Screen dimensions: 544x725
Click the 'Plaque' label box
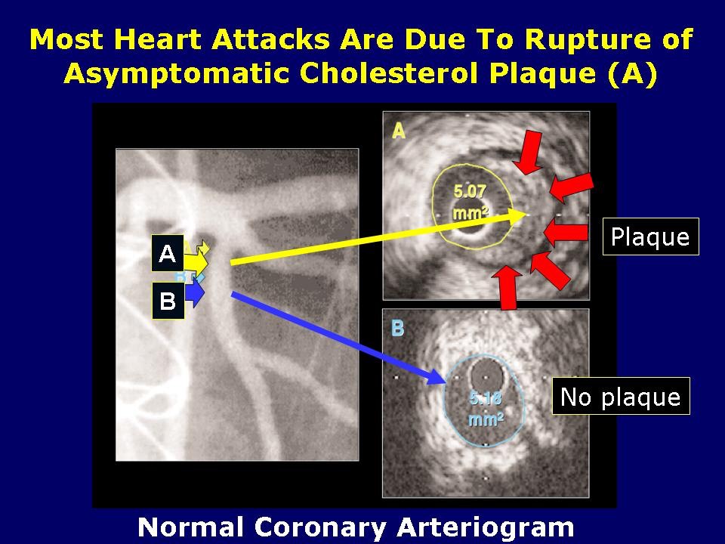click(650, 236)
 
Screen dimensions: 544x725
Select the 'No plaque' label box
click(620, 396)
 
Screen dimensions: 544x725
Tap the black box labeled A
click(168, 254)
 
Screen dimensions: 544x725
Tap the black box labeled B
click(168, 301)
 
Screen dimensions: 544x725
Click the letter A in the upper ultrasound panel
click(399, 131)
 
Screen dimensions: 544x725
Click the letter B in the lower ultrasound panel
click(398, 329)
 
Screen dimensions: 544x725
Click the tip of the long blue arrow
click(443, 380)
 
